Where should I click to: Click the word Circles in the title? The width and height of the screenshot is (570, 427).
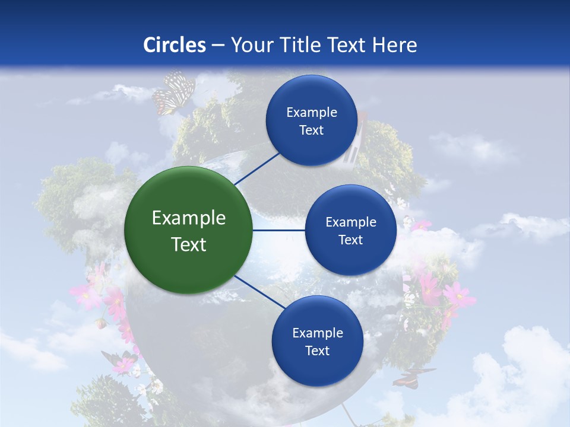175,45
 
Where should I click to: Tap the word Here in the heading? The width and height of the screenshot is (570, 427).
394,45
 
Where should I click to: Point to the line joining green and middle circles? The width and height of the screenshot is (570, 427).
278,230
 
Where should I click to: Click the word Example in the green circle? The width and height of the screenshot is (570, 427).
188,218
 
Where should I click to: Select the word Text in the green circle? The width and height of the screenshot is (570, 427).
188,244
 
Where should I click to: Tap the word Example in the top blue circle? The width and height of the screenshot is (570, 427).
311,113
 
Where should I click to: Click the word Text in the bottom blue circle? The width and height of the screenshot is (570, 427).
317,350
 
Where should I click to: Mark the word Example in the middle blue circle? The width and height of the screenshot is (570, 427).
350,222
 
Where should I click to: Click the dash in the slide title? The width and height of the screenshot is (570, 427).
218,45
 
